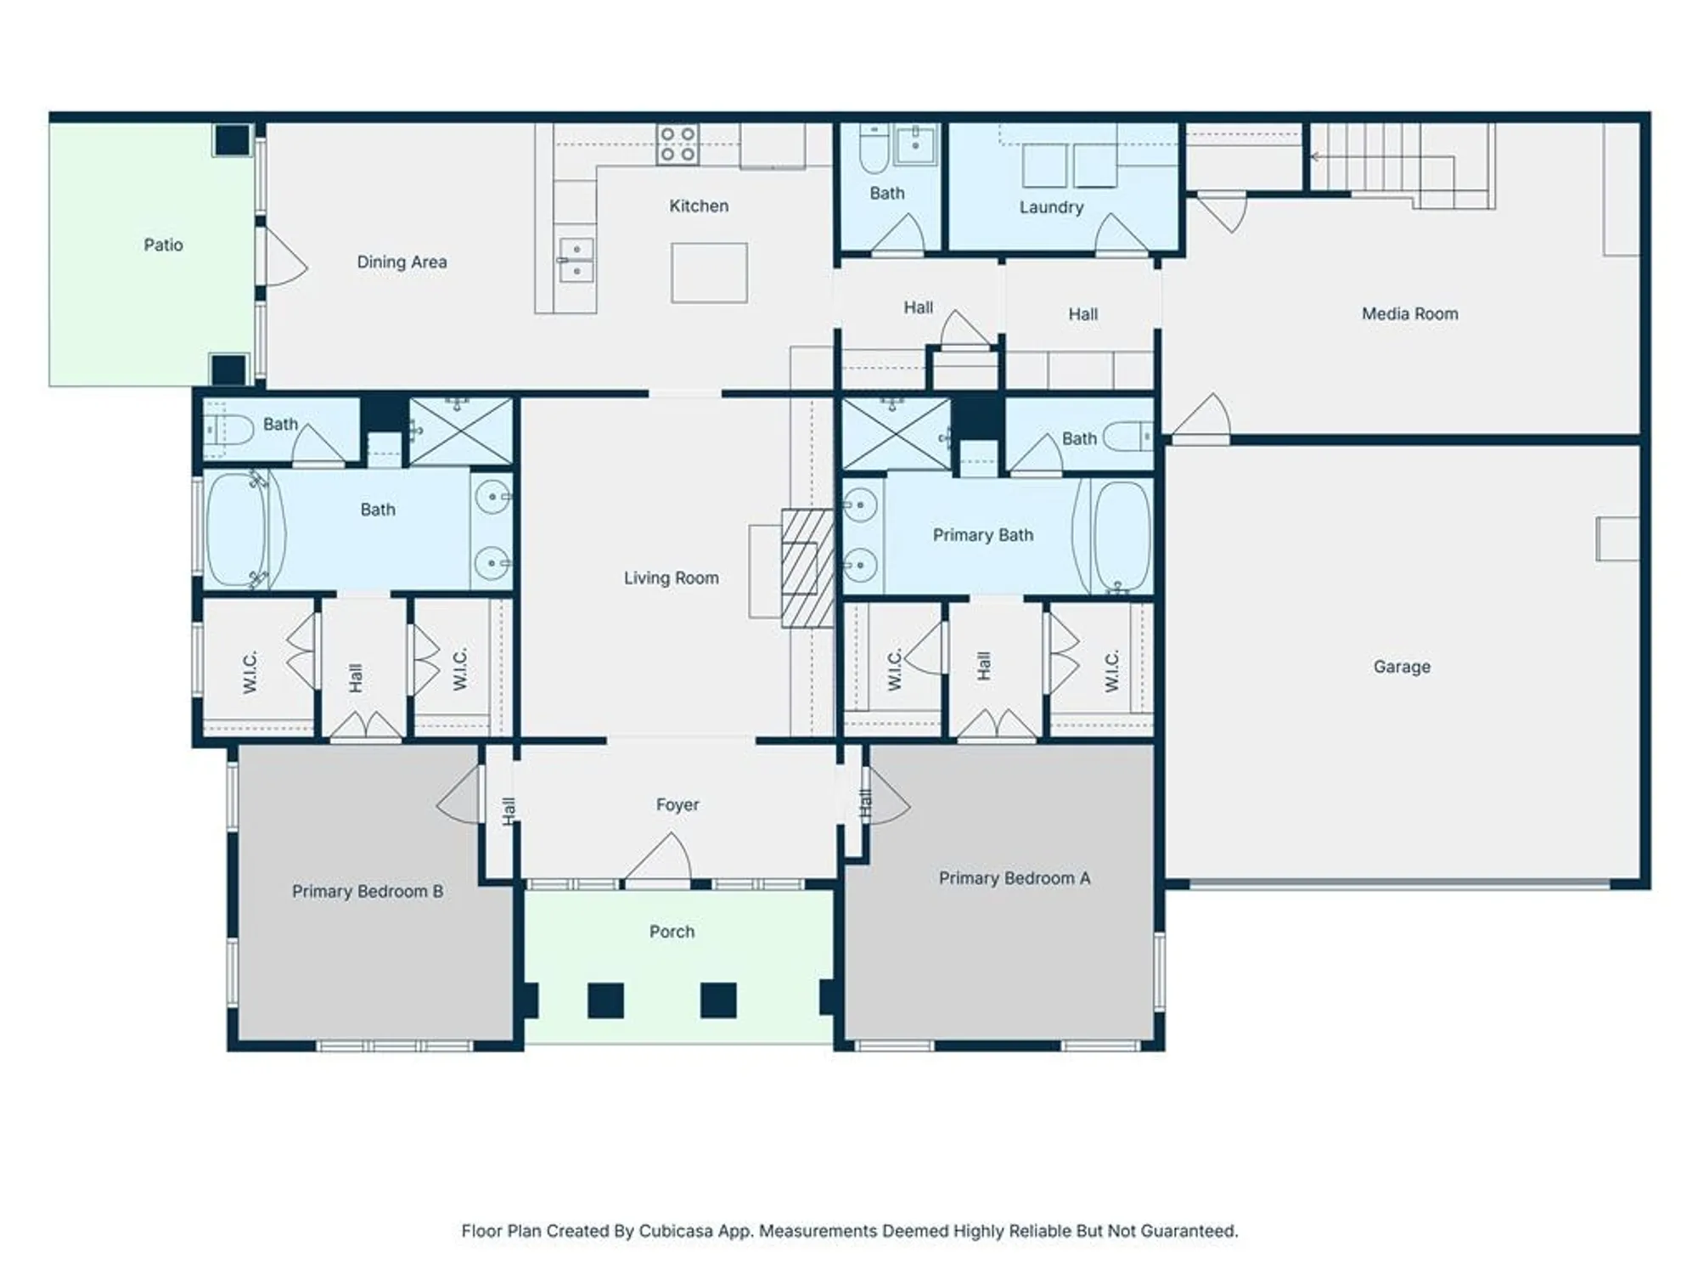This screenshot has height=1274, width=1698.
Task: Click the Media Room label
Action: (x=1409, y=313)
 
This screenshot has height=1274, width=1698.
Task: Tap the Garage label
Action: (x=1402, y=667)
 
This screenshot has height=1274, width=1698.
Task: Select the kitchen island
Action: (x=709, y=273)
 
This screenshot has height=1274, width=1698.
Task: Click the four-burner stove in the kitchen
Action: (x=678, y=144)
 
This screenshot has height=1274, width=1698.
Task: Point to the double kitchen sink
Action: (x=576, y=260)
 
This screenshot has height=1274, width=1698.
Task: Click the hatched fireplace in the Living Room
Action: (x=807, y=567)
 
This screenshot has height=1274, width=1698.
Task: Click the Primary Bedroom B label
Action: (x=367, y=891)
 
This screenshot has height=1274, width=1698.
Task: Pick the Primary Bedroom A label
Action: (x=1014, y=878)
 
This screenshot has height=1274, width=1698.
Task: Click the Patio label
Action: (x=163, y=245)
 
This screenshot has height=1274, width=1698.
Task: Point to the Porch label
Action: (x=672, y=932)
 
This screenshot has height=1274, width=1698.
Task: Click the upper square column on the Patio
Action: (x=232, y=139)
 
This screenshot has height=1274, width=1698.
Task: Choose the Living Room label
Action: (x=671, y=578)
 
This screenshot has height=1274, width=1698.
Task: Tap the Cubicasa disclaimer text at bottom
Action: (x=849, y=1231)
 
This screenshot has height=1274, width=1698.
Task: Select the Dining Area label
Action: (x=402, y=262)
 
